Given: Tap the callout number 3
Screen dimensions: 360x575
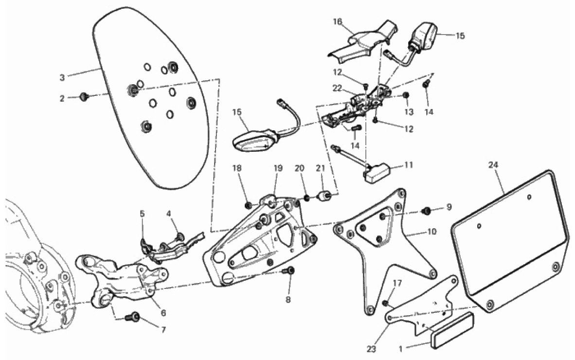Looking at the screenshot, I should tap(62, 77).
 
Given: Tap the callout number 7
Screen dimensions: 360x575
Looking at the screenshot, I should tap(163, 329).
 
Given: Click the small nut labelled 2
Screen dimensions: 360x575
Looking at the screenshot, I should tap(84, 97).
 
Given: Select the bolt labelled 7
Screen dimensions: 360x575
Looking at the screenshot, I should tap(132, 318).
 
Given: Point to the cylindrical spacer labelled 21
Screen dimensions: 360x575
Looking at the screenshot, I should tap(323, 197).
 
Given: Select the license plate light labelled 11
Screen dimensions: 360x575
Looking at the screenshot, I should tap(377, 172).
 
